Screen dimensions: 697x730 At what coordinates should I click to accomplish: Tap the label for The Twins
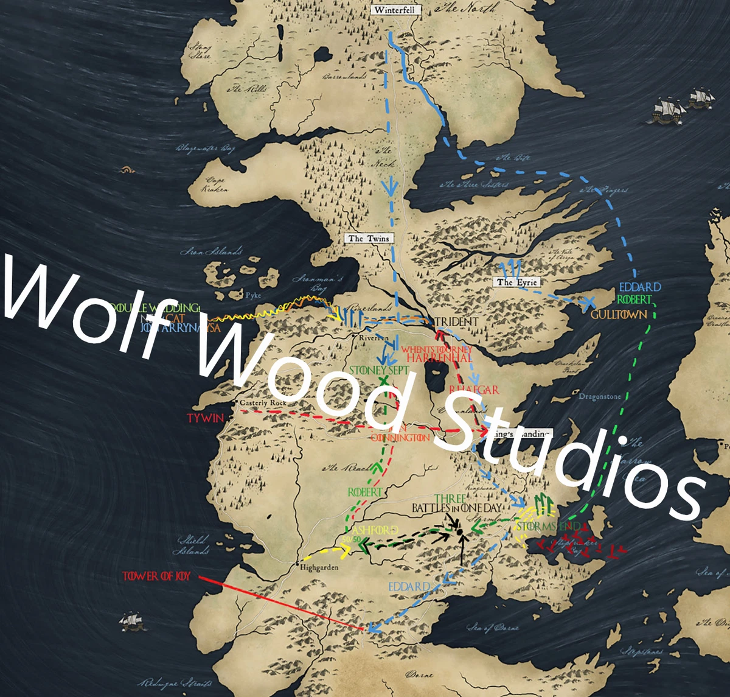pyautogui.click(x=369, y=238)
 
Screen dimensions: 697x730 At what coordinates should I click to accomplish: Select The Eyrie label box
pyautogui.click(x=516, y=282)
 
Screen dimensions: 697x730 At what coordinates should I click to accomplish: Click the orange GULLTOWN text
pyautogui.click(x=619, y=315)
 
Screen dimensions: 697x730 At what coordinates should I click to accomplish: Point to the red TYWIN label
pyautogui.click(x=205, y=418)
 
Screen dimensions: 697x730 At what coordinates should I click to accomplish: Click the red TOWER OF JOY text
pyautogui.click(x=156, y=576)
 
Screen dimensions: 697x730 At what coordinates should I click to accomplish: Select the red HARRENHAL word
pyautogui.click(x=439, y=358)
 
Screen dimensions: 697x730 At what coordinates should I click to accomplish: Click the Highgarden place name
pyautogui.click(x=319, y=567)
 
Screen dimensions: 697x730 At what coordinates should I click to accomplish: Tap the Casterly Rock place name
pyautogui.click(x=263, y=403)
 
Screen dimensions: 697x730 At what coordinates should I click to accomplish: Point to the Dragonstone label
pyautogui.click(x=599, y=396)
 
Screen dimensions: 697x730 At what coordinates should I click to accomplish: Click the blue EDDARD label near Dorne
pyautogui.click(x=409, y=586)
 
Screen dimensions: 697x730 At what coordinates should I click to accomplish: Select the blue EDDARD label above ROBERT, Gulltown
pyautogui.click(x=640, y=287)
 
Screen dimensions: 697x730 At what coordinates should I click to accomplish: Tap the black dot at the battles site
pyautogui.click(x=461, y=533)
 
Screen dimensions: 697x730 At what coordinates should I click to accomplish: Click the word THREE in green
pyautogui.click(x=450, y=499)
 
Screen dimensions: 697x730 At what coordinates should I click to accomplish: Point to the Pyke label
pyautogui.click(x=252, y=296)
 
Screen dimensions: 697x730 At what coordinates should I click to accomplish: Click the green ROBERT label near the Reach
pyautogui.click(x=365, y=491)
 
